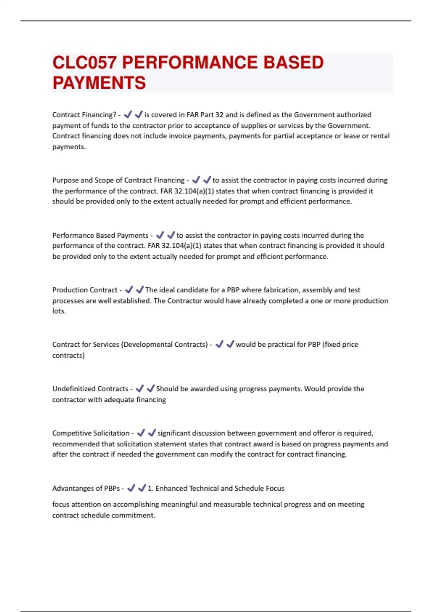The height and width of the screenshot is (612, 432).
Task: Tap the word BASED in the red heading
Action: click(293, 63)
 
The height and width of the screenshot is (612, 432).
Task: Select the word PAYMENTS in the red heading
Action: click(99, 83)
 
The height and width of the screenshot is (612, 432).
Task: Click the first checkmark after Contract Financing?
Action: click(128, 115)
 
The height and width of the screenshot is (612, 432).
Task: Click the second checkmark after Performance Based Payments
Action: click(171, 235)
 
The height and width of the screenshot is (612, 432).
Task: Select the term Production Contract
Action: click(85, 290)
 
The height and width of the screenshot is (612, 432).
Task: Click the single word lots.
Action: click(59, 311)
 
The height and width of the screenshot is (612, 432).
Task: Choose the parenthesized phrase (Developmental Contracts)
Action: click(165, 345)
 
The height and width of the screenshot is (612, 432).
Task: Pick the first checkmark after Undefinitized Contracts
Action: click(140, 389)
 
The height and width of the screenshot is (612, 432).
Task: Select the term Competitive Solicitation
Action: click(91, 433)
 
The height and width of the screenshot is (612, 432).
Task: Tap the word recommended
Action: click(76, 444)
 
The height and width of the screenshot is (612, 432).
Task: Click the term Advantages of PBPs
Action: click(86, 489)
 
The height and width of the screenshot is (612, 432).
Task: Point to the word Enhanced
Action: click(171, 489)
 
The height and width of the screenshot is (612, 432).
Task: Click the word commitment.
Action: click(137, 516)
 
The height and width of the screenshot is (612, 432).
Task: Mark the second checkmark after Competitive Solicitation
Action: click(152, 433)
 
